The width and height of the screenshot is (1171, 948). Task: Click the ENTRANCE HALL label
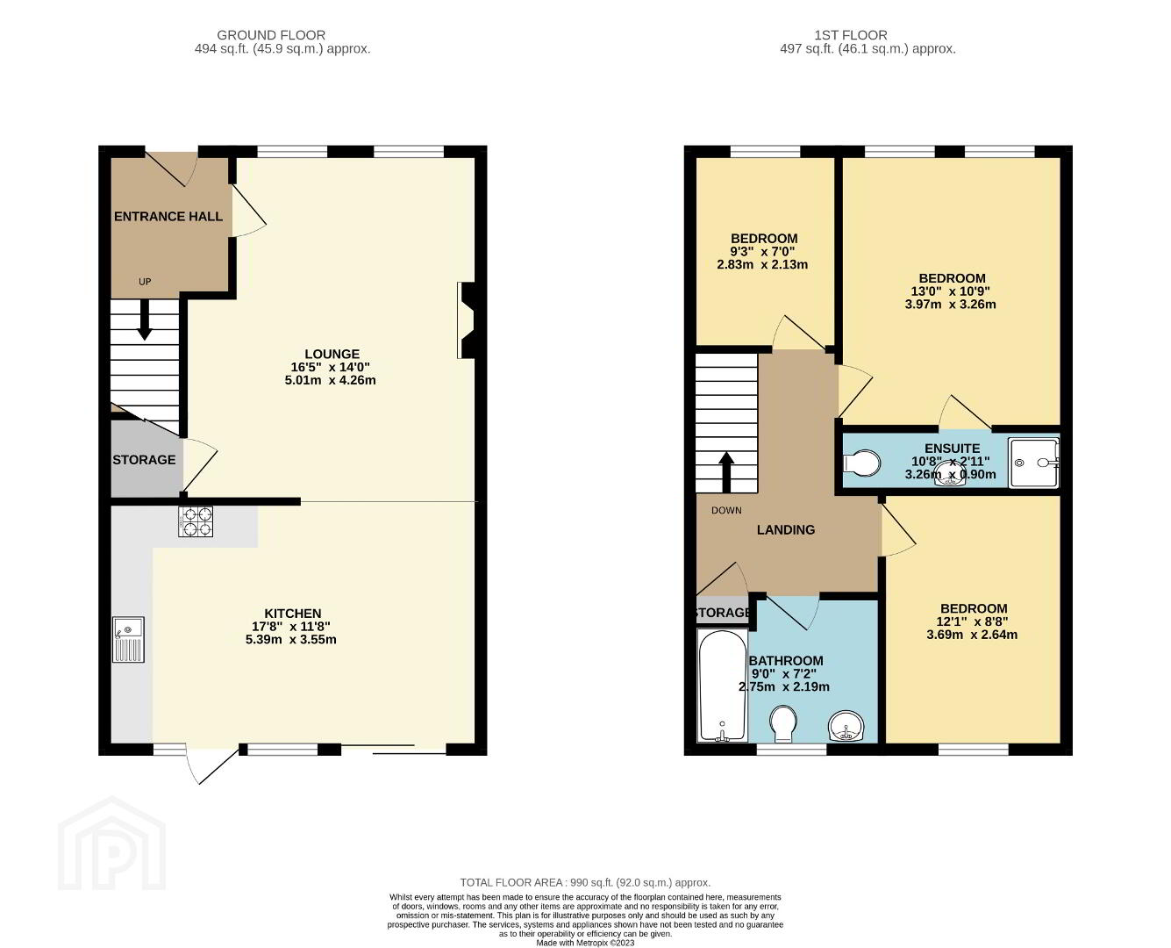tap(168, 216)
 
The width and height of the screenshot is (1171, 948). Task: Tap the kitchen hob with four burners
tap(196, 521)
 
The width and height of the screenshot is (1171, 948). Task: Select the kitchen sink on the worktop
tap(129, 639)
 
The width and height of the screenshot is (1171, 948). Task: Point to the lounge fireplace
tap(466, 320)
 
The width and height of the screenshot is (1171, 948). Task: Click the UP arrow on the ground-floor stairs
tap(145, 320)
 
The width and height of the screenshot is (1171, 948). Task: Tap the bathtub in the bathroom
tap(723, 685)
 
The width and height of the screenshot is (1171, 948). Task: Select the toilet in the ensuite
tap(862, 463)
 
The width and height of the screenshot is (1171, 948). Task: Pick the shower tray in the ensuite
tap(1033, 463)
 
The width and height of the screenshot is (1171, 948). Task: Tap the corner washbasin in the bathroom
tap(846, 726)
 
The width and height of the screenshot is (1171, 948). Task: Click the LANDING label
tap(786, 530)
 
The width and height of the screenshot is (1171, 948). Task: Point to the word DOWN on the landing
tap(726, 511)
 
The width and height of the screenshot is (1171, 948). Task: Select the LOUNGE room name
tap(332, 354)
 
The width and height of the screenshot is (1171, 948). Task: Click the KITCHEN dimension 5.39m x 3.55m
tap(291, 639)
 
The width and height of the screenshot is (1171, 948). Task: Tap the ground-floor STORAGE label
tap(144, 459)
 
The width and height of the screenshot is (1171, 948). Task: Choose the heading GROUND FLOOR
tap(271, 35)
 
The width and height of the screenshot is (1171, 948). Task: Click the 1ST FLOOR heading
tap(851, 35)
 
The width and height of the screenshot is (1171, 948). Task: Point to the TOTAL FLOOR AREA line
tap(585, 882)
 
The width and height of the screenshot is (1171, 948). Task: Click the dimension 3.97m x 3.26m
tap(950, 305)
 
